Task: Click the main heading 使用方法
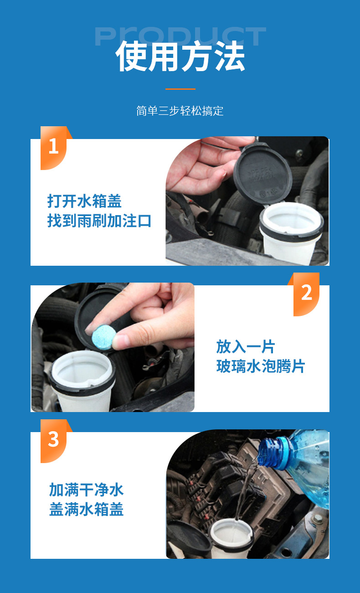click(180, 56)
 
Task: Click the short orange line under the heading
click(180, 89)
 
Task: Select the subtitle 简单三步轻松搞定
click(180, 111)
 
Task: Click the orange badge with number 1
click(55, 148)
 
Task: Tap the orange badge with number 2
click(305, 294)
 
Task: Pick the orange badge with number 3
click(55, 441)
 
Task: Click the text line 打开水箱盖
click(84, 201)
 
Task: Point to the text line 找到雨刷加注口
click(99, 221)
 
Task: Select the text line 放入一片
click(246, 346)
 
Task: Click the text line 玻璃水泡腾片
click(261, 366)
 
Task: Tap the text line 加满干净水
click(86, 490)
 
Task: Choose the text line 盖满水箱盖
click(86, 509)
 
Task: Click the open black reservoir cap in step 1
click(263, 173)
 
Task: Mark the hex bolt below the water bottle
click(317, 518)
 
